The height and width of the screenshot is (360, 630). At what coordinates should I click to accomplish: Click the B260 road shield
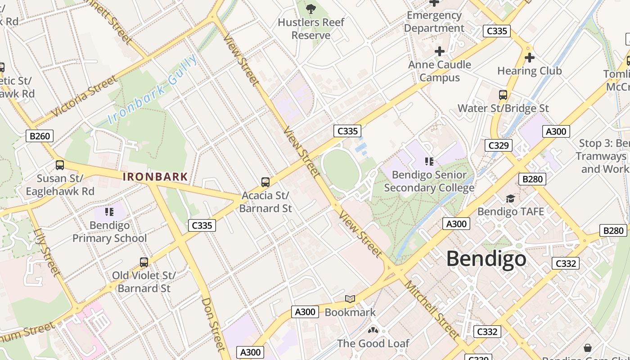[x=40, y=136]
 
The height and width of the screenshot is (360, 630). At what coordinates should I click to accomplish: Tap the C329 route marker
[x=499, y=145]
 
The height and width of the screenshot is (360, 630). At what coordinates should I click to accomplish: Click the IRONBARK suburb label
[x=155, y=176]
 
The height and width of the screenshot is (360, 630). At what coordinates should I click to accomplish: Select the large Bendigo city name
[x=486, y=259]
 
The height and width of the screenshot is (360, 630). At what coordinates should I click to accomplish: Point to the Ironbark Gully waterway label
[x=153, y=90]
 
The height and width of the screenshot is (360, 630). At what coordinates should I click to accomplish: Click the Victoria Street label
[x=84, y=96]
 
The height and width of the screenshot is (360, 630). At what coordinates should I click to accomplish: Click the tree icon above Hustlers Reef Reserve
[x=310, y=9]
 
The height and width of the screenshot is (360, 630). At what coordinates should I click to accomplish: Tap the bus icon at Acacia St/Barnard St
[x=265, y=182]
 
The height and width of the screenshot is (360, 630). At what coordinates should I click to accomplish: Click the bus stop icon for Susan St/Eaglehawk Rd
[x=60, y=165]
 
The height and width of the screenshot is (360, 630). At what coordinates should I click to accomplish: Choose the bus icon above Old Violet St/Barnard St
[x=144, y=262]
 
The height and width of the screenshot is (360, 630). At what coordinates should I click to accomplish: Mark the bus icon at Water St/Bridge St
[x=503, y=95]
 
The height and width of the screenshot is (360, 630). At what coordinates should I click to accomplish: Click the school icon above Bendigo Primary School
[x=109, y=211]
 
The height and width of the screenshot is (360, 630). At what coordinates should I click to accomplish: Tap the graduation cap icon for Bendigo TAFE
[x=510, y=198]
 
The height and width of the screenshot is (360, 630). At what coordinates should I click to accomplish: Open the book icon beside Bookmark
[x=350, y=299]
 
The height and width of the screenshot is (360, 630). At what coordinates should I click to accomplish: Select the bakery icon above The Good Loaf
[x=373, y=330]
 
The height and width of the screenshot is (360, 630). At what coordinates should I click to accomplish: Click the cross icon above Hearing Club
[x=530, y=58]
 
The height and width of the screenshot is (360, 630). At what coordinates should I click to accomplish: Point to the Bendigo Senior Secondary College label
[x=429, y=181]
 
